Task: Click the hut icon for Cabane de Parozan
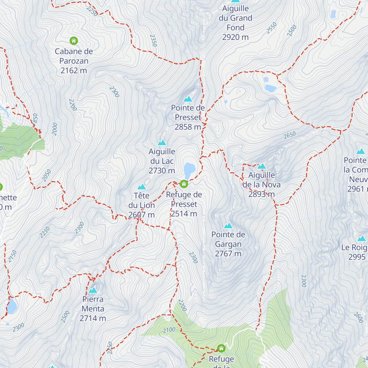click(x=74, y=40)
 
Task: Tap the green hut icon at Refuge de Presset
click(x=184, y=184)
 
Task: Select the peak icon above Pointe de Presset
click(x=188, y=99)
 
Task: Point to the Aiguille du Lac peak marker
click(x=162, y=143)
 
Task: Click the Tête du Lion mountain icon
click(x=141, y=187)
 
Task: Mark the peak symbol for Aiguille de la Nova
click(x=261, y=166)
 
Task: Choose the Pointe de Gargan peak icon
click(x=228, y=226)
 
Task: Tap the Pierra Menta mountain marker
click(x=93, y=290)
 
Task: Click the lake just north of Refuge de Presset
click(x=189, y=169)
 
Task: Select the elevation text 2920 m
click(x=235, y=37)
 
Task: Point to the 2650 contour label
click(x=289, y=135)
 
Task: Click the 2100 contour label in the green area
click(x=169, y=330)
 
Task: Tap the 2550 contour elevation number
click(x=272, y=28)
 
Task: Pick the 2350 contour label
click(x=153, y=40)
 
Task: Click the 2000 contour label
click(x=55, y=129)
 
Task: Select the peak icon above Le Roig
click(x=361, y=239)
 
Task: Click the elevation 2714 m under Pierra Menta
click(x=93, y=318)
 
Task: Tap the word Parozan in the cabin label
click(x=74, y=61)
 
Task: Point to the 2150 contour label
click(x=12, y=256)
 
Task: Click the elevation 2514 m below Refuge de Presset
click(x=184, y=214)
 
